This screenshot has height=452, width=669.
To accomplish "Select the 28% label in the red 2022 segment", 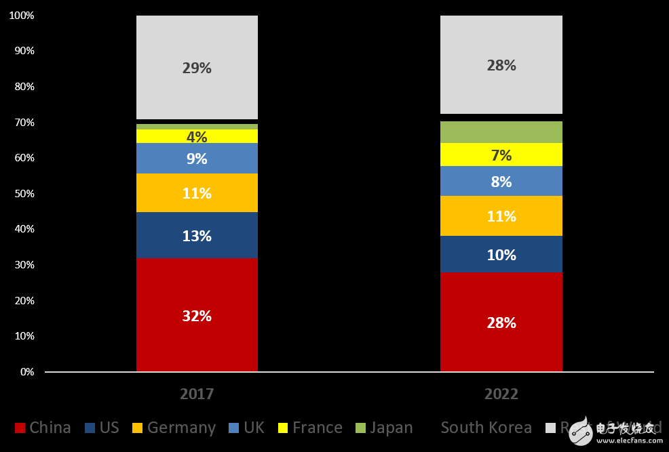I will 501,323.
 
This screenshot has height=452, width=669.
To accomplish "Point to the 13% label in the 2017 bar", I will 197,237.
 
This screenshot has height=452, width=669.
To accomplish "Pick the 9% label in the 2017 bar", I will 197,159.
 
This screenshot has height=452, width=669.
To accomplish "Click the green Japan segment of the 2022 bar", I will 501,132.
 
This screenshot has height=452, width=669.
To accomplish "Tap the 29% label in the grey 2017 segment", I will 197,68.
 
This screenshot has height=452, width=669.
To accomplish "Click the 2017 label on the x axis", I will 197,394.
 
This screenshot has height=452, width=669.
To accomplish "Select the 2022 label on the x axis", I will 501,394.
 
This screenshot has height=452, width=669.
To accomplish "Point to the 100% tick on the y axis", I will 22,15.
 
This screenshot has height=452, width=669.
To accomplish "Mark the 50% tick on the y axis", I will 24,194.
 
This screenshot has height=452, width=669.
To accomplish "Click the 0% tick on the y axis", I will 26,372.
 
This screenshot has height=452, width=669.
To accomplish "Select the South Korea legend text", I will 486,428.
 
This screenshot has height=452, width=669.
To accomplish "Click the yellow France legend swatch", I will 283,428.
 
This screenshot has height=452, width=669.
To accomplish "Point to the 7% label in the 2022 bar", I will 501,155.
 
